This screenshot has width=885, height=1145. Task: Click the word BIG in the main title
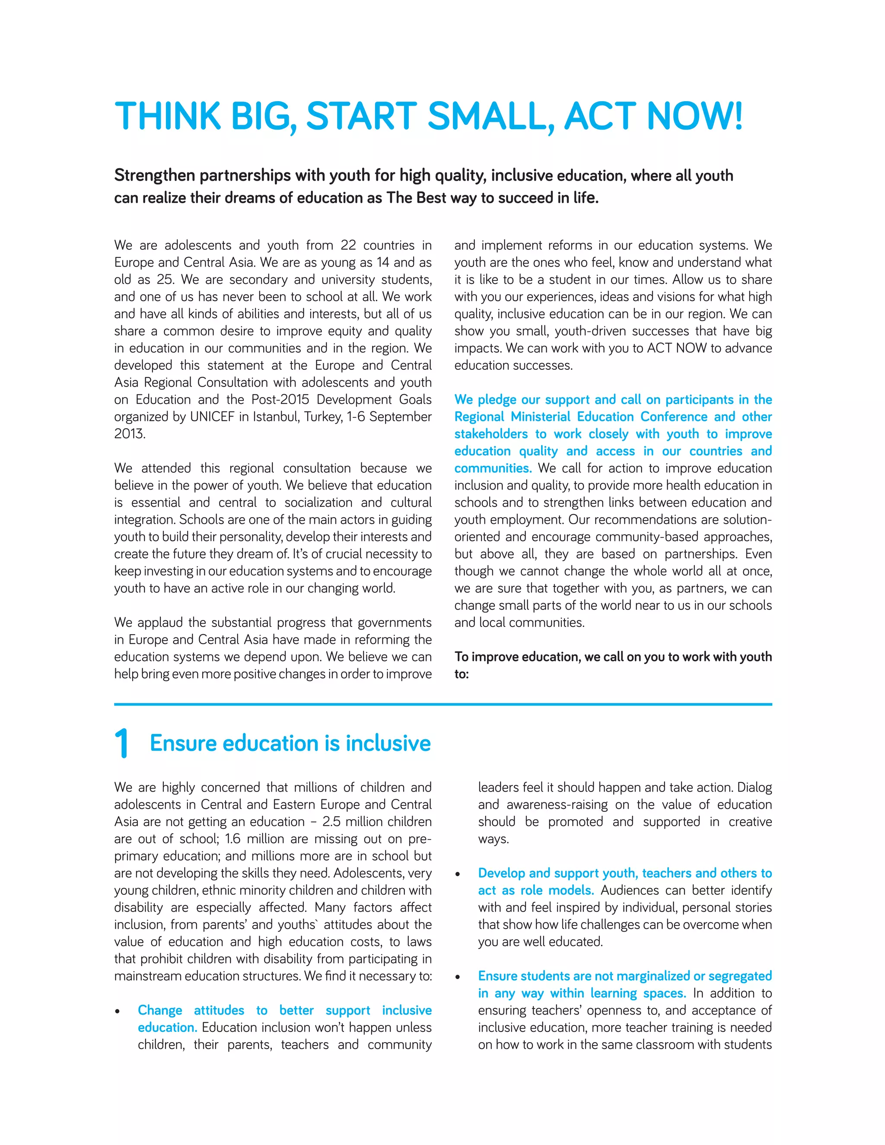(260, 116)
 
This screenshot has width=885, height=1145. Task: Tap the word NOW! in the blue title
(695, 116)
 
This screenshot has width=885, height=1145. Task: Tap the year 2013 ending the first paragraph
(128, 434)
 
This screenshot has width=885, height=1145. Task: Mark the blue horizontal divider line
(442, 704)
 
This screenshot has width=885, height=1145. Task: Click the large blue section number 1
(121, 744)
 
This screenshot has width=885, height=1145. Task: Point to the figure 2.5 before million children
(332, 821)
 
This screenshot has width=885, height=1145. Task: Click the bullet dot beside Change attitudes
(118, 1011)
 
